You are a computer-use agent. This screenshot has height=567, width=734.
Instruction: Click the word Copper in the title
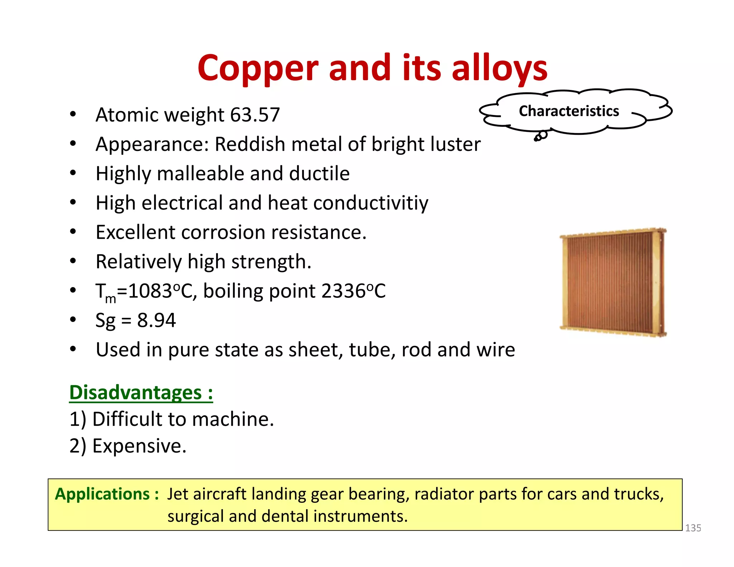[x=258, y=68]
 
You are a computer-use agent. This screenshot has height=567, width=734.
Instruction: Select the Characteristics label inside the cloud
[x=569, y=111]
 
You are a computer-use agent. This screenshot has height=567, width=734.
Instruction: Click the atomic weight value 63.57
[x=255, y=115]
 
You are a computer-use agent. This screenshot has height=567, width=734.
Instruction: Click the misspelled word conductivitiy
[x=371, y=203]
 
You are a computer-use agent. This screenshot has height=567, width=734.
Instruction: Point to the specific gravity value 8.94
[x=157, y=320]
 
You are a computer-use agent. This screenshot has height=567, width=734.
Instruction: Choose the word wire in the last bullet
[x=496, y=350]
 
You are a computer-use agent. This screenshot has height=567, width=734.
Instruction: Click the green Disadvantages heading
[x=141, y=393]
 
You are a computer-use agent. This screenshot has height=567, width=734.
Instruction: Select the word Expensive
[x=139, y=446]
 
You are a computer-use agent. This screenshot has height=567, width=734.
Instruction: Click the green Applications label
[x=106, y=494]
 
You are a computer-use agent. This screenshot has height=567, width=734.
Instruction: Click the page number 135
[x=693, y=528]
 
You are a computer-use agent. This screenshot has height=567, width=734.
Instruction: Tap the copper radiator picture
[x=613, y=282]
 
